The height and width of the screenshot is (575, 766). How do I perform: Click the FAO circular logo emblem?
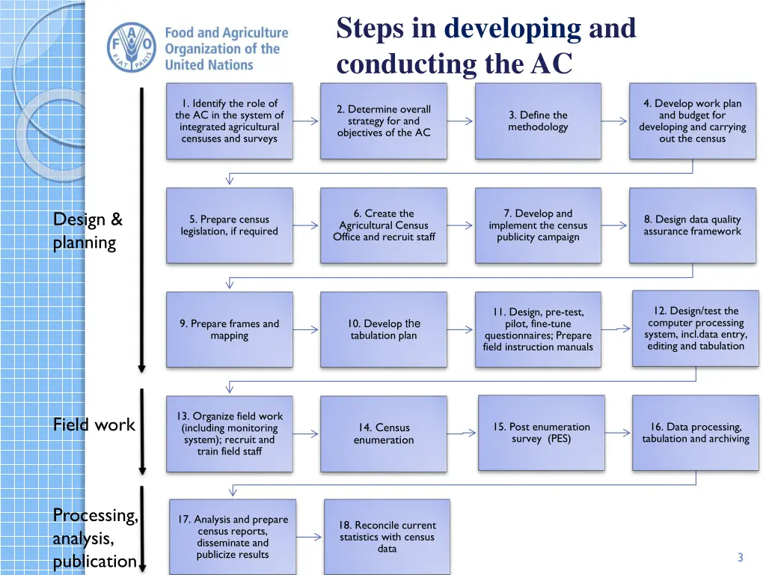132,47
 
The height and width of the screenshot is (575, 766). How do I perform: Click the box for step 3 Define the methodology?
538,121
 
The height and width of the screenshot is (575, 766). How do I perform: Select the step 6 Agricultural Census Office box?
384,225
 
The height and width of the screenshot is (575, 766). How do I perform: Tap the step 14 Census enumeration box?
384,433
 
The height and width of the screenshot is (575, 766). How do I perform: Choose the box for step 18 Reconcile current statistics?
387,537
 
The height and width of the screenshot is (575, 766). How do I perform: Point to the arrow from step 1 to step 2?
307,121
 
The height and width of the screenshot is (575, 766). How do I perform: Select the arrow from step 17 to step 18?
310,536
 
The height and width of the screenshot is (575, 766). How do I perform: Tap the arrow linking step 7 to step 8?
615,225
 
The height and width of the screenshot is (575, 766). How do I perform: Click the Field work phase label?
94,425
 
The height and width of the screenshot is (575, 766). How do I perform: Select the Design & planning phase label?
88,231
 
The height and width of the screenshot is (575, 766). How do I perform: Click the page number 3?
740,557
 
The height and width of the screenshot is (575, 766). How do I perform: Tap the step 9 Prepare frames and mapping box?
230,329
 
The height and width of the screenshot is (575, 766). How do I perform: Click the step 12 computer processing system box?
696,328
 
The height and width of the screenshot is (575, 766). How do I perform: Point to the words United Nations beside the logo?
209,65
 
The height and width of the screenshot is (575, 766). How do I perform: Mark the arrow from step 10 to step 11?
461,329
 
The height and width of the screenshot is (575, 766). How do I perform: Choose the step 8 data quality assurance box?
692,225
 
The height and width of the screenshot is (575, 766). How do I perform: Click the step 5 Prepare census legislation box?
230,225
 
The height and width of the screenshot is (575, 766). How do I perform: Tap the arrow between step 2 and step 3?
461,121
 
